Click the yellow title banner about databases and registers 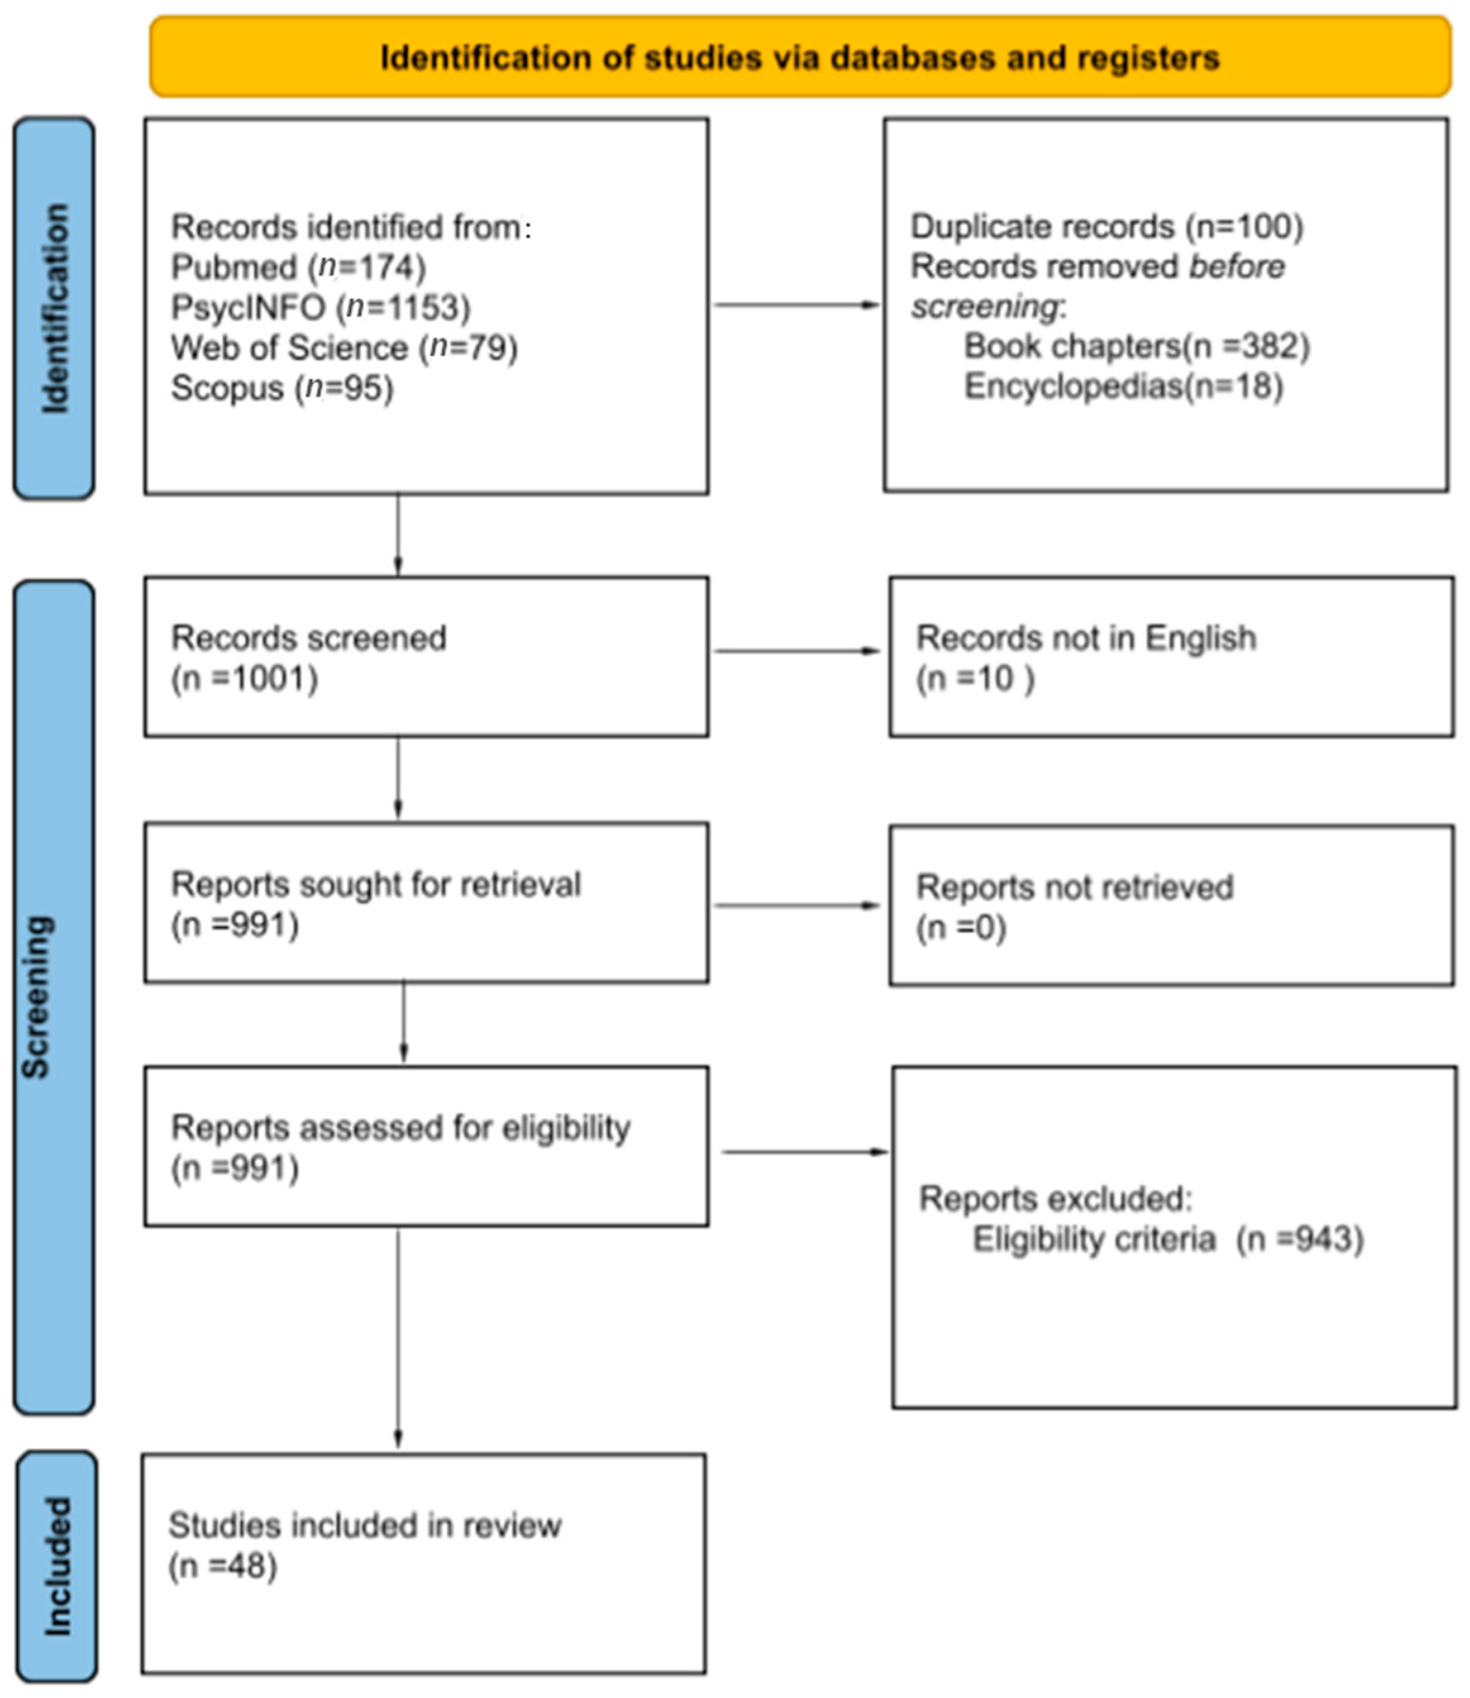coord(800,58)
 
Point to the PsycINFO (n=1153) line coord(321,307)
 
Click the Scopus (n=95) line coord(282,387)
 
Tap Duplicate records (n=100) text coord(1106,226)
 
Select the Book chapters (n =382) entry coord(1136,346)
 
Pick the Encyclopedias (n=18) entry coord(1123,385)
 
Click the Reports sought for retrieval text coord(376,884)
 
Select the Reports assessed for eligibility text coord(400,1128)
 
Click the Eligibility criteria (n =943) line coord(1167,1239)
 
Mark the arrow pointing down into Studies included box coord(398,1345)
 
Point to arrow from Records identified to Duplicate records coord(796,304)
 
